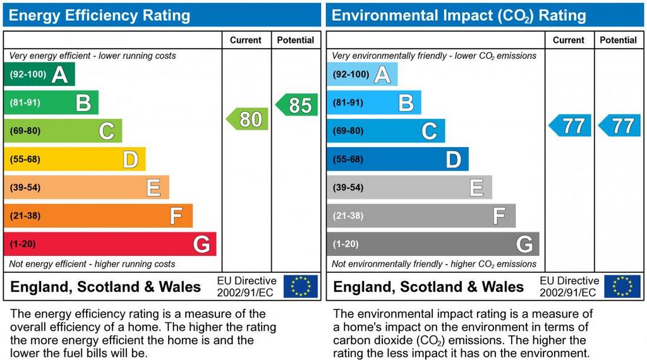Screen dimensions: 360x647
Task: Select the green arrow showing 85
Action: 297,105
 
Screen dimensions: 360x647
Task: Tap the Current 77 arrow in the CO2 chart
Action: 571,125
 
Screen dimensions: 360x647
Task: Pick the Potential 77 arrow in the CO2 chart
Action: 620,125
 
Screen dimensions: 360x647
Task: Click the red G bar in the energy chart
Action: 110,244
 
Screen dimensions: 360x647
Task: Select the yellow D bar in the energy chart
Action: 75,159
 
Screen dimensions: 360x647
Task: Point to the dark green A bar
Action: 39,74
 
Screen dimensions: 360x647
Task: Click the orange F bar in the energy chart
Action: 98,215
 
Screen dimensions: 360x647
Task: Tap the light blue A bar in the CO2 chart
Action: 362,74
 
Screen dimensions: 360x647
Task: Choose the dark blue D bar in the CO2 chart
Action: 397,159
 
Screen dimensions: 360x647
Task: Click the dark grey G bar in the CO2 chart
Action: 433,244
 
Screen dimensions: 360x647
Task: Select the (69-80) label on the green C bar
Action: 25,131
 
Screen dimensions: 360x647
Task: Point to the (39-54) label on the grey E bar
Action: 348,188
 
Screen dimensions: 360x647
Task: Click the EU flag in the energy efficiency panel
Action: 301,286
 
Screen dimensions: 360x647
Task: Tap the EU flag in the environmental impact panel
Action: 622,286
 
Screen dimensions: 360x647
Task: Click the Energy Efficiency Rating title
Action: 99,15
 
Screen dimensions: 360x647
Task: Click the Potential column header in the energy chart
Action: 296,40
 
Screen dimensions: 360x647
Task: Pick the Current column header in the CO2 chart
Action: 569,40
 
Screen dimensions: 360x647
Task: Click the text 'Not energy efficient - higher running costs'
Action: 92,264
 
